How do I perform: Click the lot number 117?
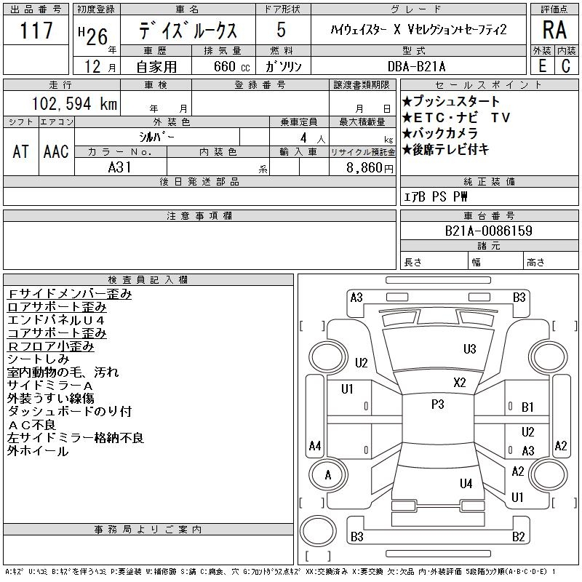click(36, 30)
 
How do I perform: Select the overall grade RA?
click(554, 30)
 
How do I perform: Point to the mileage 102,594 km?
click(75, 103)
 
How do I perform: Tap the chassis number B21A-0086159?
click(488, 231)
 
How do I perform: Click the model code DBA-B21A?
click(416, 66)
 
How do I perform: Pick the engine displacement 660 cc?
click(231, 66)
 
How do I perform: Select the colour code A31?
click(119, 167)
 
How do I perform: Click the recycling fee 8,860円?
click(370, 168)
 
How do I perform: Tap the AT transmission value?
click(21, 151)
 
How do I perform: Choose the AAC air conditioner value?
click(56, 151)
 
